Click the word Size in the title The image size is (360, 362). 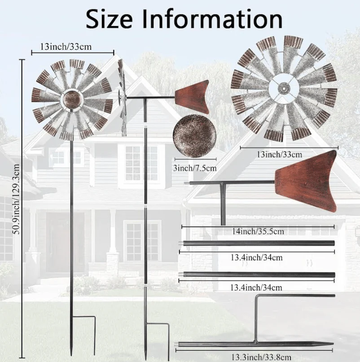(x=110, y=19)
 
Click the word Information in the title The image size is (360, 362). (x=212, y=19)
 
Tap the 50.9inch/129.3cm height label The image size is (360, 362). (x=17, y=199)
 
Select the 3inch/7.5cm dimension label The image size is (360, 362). (x=195, y=168)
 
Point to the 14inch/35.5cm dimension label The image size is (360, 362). (x=258, y=231)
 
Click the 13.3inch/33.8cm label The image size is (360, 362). (x=261, y=358)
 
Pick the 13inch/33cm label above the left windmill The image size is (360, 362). (x=66, y=47)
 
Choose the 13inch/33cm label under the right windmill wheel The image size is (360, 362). (x=280, y=154)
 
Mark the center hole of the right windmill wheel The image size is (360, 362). (x=284, y=88)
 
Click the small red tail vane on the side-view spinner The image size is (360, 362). (x=192, y=97)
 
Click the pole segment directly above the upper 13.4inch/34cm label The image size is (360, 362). (x=257, y=243)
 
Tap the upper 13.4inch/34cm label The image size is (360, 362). (x=257, y=257)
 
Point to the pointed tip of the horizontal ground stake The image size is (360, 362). (x=333, y=344)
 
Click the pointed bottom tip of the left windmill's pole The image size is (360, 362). (x=71, y=355)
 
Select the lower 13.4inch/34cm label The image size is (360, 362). (x=256, y=287)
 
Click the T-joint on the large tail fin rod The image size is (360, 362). (x=223, y=183)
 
